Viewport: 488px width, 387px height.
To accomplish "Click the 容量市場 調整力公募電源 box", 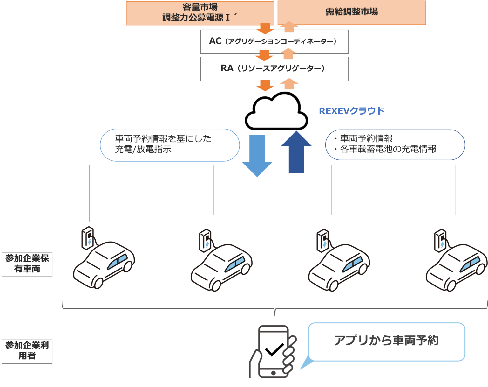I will coord(200,13).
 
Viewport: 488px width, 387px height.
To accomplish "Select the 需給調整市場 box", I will coord(351,12).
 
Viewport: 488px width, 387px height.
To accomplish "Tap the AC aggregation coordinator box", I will coord(274,41).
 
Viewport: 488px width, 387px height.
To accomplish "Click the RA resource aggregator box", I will coord(274,68).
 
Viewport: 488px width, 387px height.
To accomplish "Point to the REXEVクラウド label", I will coord(351,111).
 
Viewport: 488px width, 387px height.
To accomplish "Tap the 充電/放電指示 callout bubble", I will coord(170,145).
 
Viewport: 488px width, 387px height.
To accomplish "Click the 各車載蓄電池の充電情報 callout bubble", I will coord(395,144).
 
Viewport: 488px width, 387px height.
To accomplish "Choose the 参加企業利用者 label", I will coord(27,351).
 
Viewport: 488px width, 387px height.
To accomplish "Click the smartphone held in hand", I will coord(273,351).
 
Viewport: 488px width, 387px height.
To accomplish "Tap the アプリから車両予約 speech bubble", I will coord(386,341).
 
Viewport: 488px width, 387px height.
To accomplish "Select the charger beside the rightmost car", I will coord(440,241).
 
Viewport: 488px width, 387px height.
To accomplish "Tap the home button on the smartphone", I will coord(273,373).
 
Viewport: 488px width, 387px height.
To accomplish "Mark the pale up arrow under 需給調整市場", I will coord(289,27).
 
